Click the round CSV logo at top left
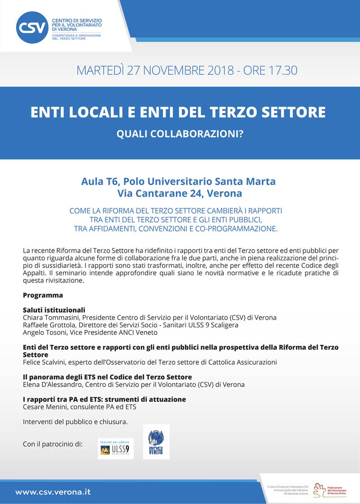coord(32,27)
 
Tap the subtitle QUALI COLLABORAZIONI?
coord(180,133)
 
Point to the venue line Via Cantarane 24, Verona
coord(180,193)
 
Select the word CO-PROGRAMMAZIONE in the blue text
coord(229,228)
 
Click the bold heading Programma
coord(43,295)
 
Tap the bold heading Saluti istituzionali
coord(54,310)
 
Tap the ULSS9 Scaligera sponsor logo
coord(115,448)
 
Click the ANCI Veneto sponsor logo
coord(156,442)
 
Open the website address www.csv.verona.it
coord(53,492)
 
